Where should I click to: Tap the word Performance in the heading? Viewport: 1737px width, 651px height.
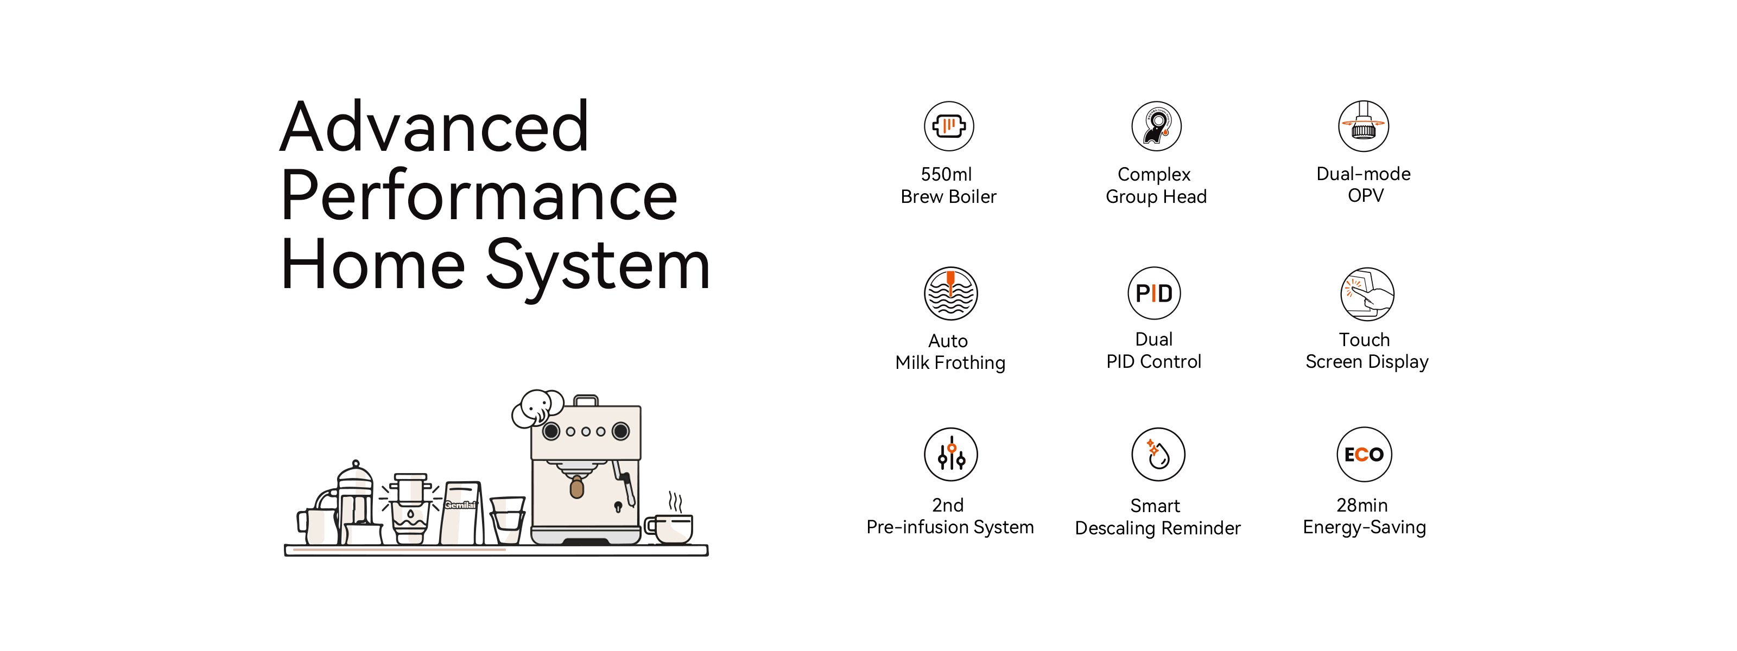pyautogui.click(x=479, y=195)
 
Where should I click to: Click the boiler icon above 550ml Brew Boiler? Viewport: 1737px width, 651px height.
pyautogui.click(x=949, y=126)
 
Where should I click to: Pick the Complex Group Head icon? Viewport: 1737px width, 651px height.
pyautogui.click(x=1156, y=126)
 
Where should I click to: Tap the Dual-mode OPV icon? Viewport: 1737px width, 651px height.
pyautogui.click(x=1364, y=126)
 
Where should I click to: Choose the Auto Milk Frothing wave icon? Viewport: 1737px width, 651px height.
pyautogui.click(x=951, y=293)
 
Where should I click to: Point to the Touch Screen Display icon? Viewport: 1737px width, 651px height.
pyautogui.click(x=1367, y=294)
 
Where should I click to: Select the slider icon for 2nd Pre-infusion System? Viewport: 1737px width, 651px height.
pyautogui.click(x=951, y=454)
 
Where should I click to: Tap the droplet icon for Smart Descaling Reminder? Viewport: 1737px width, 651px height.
pyautogui.click(x=1158, y=454)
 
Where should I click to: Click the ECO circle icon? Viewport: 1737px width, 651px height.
pyautogui.click(x=1364, y=454)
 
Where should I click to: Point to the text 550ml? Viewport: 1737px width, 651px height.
pyautogui.click(x=946, y=175)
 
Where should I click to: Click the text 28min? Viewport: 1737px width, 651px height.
pyautogui.click(x=1362, y=506)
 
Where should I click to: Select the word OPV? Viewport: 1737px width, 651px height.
pyautogui.click(x=1366, y=196)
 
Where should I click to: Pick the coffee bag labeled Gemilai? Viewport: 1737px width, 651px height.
pyautogui.click(x=461, y=512)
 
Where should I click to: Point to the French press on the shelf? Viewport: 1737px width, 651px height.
pyautogui.click(x=354, y=502)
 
